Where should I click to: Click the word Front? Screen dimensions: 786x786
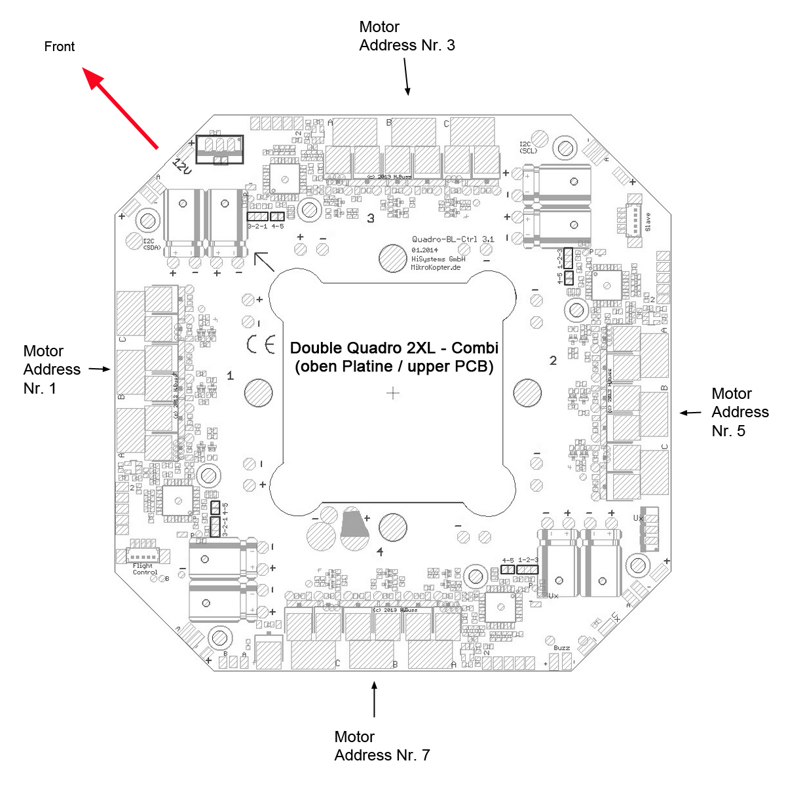click(60, 47)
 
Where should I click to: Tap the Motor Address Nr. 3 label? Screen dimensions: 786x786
click(407, 36)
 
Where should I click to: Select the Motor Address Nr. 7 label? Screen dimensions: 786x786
click(382, 746)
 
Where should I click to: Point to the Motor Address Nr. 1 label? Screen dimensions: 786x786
click(52, 369)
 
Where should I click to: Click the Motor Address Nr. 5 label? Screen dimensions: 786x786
click(740, 412)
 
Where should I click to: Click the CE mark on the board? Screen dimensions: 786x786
click(260, 345)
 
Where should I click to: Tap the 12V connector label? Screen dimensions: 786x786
click(181, 166)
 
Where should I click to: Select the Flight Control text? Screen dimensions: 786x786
click(145, 569)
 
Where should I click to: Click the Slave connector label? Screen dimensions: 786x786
click(648, 222)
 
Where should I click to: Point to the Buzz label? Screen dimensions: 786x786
click(561, 648)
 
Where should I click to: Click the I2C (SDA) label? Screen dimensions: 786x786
click(151, 244)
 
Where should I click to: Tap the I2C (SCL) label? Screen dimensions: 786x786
click(528, 147)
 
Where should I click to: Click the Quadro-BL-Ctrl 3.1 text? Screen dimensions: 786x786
click(453, 240)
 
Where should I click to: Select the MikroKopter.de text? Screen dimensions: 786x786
click(436, 267)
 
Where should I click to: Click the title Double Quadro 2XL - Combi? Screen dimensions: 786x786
click(394, 348)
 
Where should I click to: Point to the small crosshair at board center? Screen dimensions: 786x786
click(393, 393)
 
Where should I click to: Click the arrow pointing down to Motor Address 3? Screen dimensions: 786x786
click(407, 77)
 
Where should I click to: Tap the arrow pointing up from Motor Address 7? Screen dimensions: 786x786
click(374, 700)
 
